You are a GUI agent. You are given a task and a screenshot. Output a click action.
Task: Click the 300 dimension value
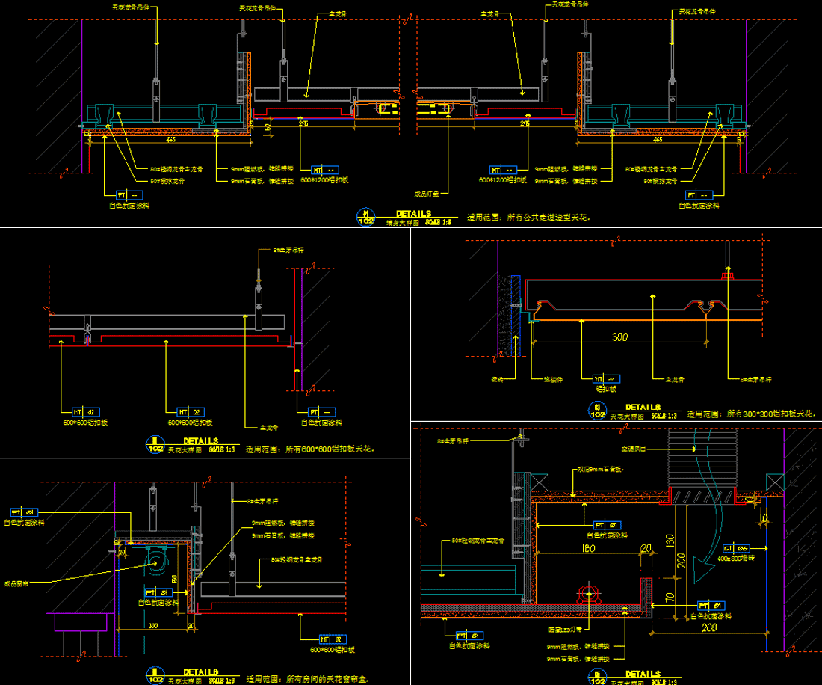tap(619, 337)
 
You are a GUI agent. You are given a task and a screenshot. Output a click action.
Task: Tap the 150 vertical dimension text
tap(670, 540)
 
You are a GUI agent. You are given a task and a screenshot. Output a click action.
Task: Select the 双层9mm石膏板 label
tap(600, 470)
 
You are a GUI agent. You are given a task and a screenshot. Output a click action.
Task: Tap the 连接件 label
tap(551, 379)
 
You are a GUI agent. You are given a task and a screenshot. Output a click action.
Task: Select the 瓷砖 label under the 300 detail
tap(498, 379)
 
